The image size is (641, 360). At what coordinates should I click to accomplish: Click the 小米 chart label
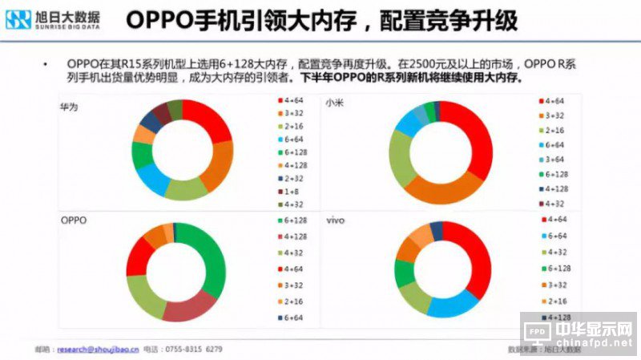click(334, 105)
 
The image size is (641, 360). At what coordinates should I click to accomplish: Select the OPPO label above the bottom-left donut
click(73, 220)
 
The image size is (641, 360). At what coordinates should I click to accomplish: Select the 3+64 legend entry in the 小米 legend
click(554, 159)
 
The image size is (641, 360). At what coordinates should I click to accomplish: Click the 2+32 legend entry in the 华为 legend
click(289, 178)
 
